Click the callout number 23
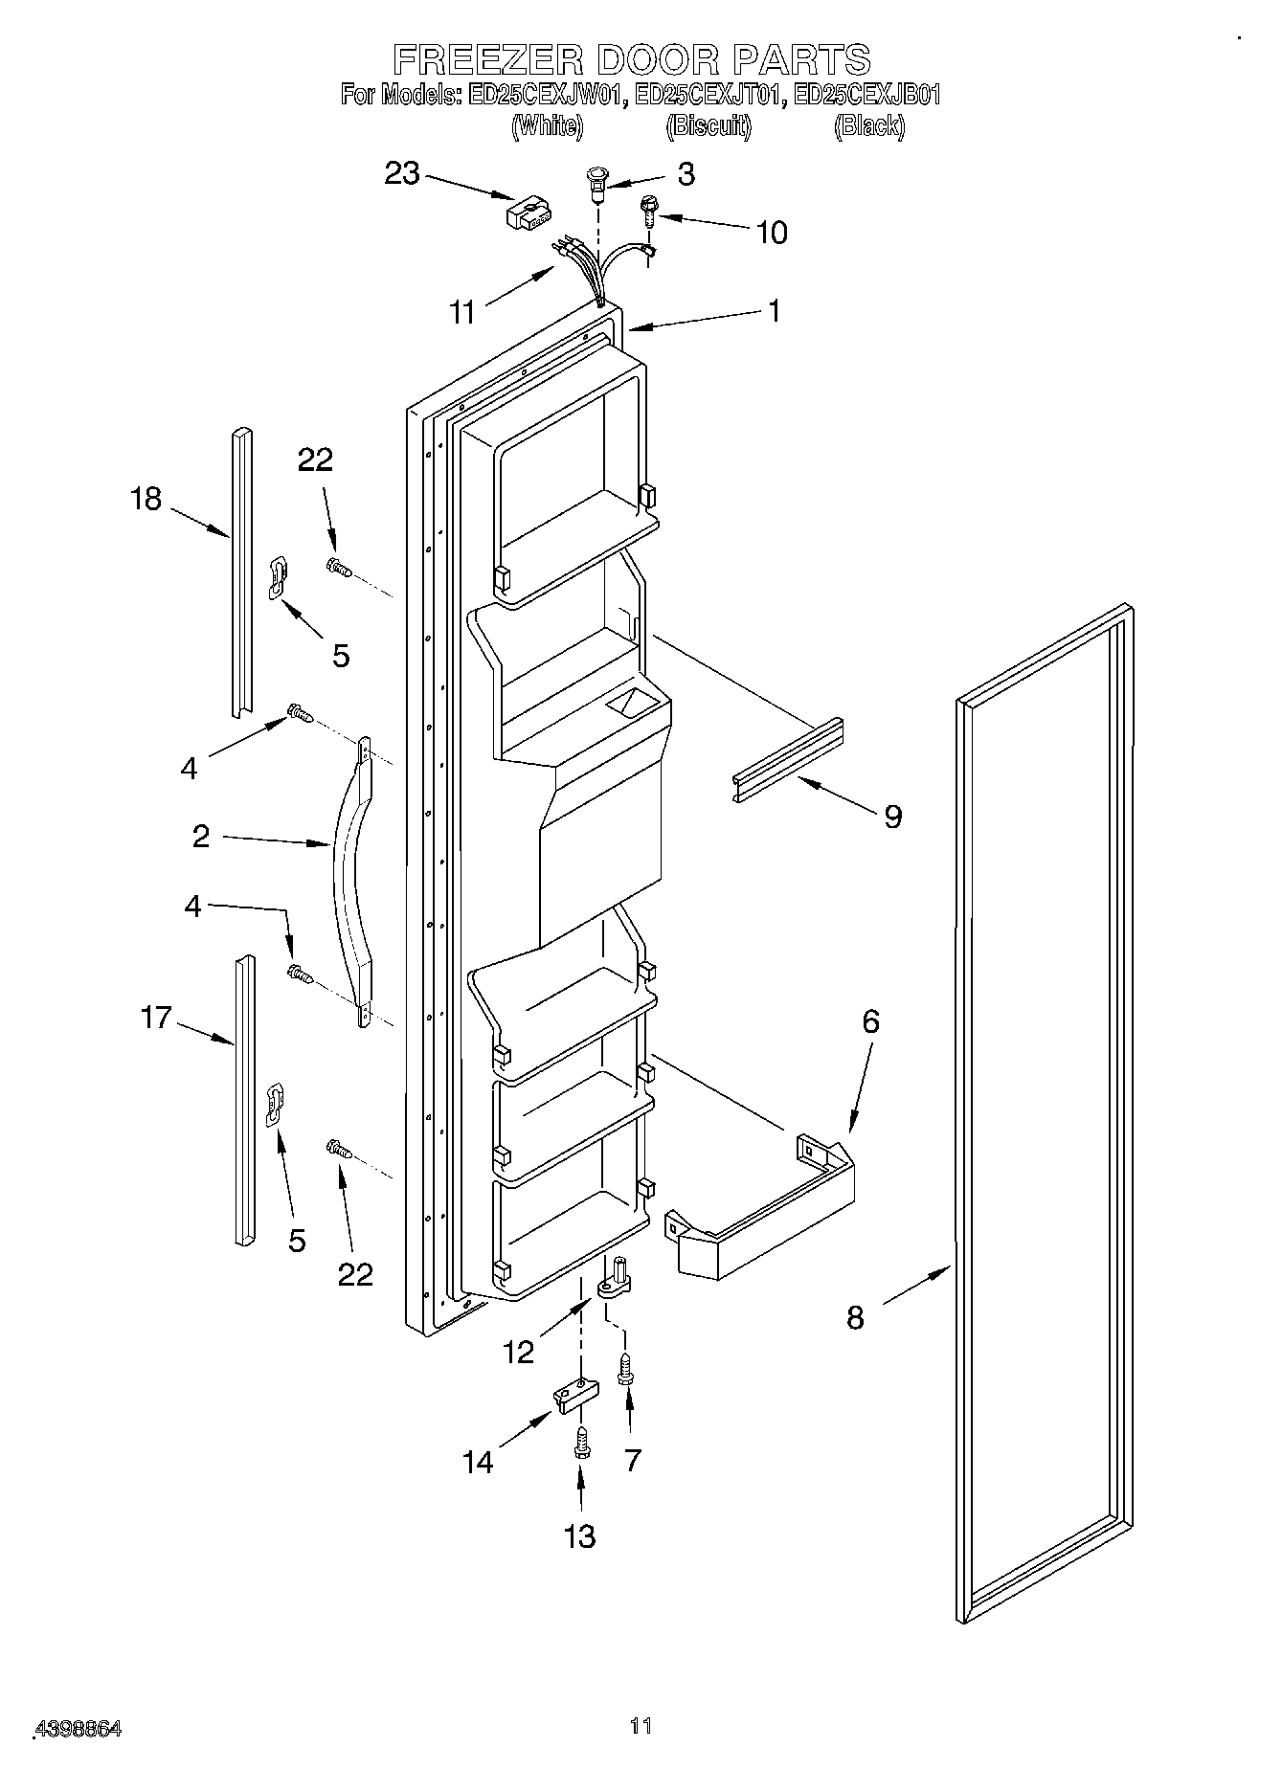(x=402, y=174)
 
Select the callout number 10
(x=772, y=233)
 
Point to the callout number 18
(x=146, y=499)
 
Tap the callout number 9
(x=892, y=817)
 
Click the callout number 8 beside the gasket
(x=855, y=1318)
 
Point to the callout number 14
(x=478, y=1462)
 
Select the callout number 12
(x=518, y=1352)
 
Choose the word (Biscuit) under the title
(x=708, y=125)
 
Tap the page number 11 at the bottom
(x=641, y=1726)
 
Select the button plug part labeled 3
(x=597, y=182)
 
